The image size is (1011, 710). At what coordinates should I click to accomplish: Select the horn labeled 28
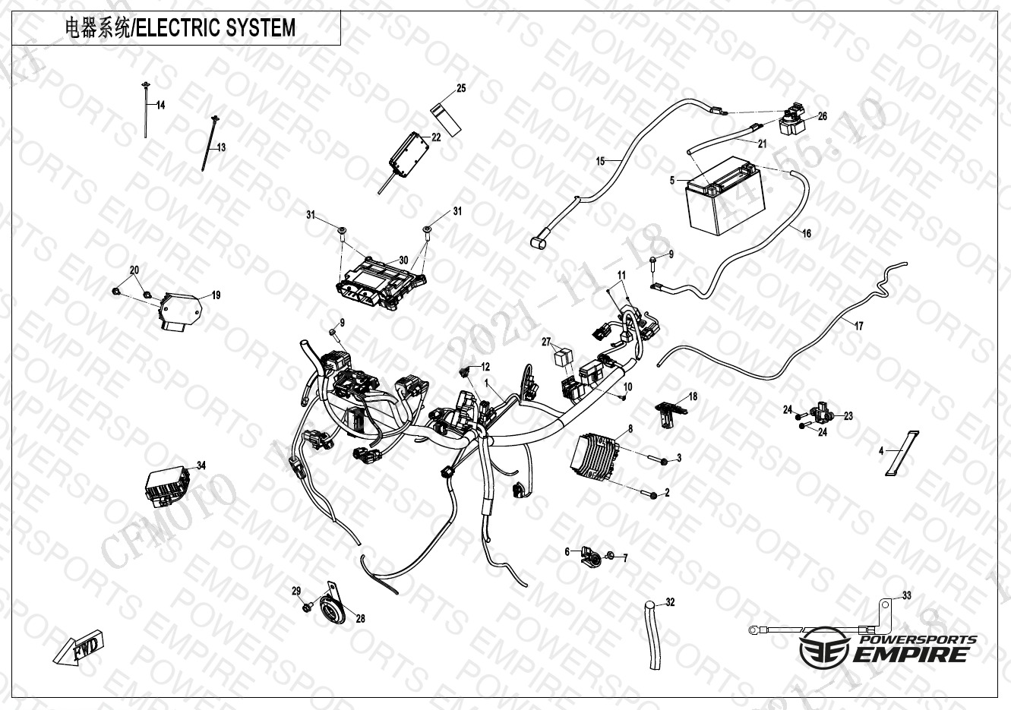pos(330,607)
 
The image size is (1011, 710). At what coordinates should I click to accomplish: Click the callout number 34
pos(201,465)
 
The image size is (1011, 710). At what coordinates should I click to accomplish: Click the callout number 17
pos(858,326)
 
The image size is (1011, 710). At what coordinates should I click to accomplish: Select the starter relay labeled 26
pos(795,118)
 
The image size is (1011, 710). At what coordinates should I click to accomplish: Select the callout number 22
pos(436,137)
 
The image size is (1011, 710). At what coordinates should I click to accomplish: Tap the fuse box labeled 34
pos(169,485)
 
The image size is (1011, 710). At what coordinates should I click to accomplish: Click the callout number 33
pos(906,595)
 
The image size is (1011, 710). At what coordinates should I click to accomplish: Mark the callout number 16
pos(807,233)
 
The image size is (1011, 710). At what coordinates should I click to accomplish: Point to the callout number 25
pos(461,89)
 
